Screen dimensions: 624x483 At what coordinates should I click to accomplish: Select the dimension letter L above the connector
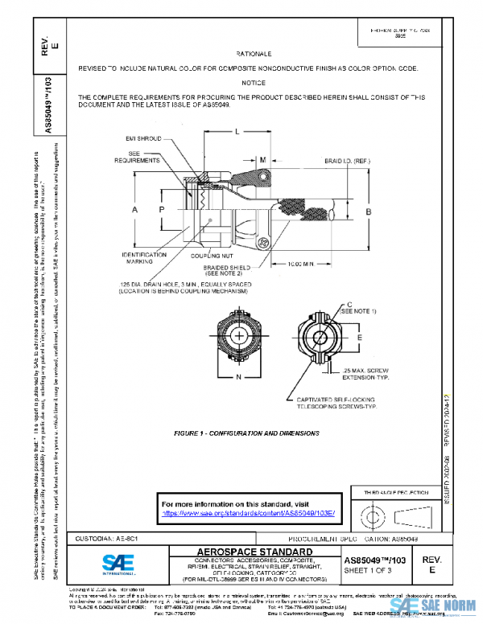pyautogui.click(x=236, y=131)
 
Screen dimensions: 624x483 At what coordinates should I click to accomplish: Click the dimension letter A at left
pyautogui.click(x=135, y=209)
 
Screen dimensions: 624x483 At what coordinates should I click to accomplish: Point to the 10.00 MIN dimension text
pyautogui.click(x=299, y=263)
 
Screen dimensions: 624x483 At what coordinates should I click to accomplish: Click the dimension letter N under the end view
pyautogui.click(x=238, y=376)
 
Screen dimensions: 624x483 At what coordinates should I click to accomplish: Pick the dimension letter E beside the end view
pyautogui.click(x=359, y=337)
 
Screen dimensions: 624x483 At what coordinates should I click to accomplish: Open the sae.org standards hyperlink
pyautogui.click(x=248, y=512)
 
